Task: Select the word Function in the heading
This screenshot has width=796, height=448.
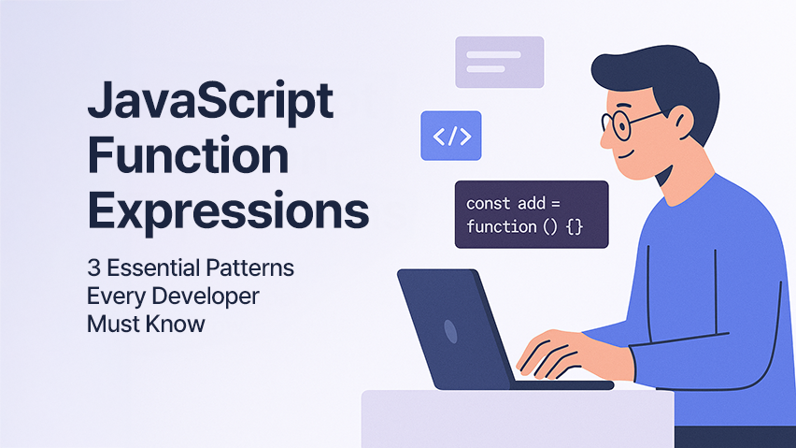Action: (189, 155)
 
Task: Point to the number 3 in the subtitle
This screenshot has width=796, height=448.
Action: (93, 267)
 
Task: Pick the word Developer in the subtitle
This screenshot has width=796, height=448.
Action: (206, 296)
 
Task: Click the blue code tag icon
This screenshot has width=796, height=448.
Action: (451, 136)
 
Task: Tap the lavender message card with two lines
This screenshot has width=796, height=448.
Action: (500, 62)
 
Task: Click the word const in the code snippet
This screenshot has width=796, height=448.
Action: (488, 204)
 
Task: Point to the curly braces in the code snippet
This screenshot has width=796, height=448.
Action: (575, 226)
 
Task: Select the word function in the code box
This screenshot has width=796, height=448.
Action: (502, 226)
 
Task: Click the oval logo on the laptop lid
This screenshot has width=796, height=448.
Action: (450, 332)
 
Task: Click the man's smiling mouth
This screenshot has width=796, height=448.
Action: (627, 154)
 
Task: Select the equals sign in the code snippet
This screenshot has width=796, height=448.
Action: (555, 204)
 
